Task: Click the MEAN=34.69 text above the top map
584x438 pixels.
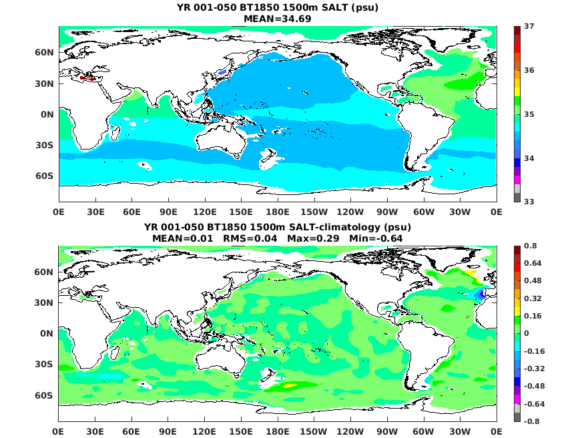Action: point(278,19)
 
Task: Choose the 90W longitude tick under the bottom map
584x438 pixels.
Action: point(387,431)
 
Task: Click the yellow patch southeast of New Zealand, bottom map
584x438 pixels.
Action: point(288,385)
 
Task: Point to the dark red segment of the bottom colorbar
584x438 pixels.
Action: point(517,250)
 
